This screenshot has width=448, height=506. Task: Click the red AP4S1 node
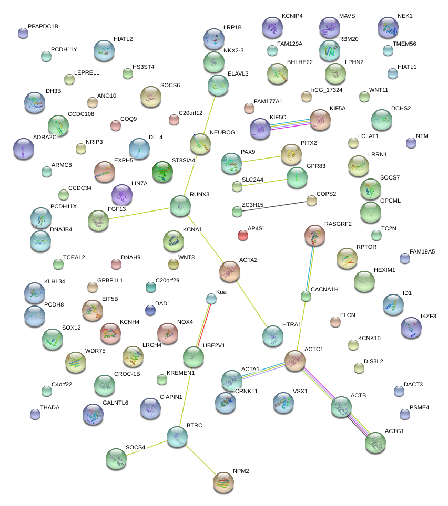[x=242, y=235]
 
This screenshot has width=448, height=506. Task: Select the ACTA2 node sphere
[x=230, y=271]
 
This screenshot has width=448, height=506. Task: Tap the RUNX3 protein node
[x=180, y=205]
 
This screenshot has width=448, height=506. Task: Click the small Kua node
[x=211, y=299]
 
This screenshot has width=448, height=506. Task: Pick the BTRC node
[x=177, y=436]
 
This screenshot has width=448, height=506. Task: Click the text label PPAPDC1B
[x=43, y=26]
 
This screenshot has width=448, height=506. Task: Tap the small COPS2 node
[x=312, y=200]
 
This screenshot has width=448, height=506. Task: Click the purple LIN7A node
[x=122, y=195]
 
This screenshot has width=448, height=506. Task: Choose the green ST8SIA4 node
[x=162, y=171]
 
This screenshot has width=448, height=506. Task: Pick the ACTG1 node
[x=375, y=442]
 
